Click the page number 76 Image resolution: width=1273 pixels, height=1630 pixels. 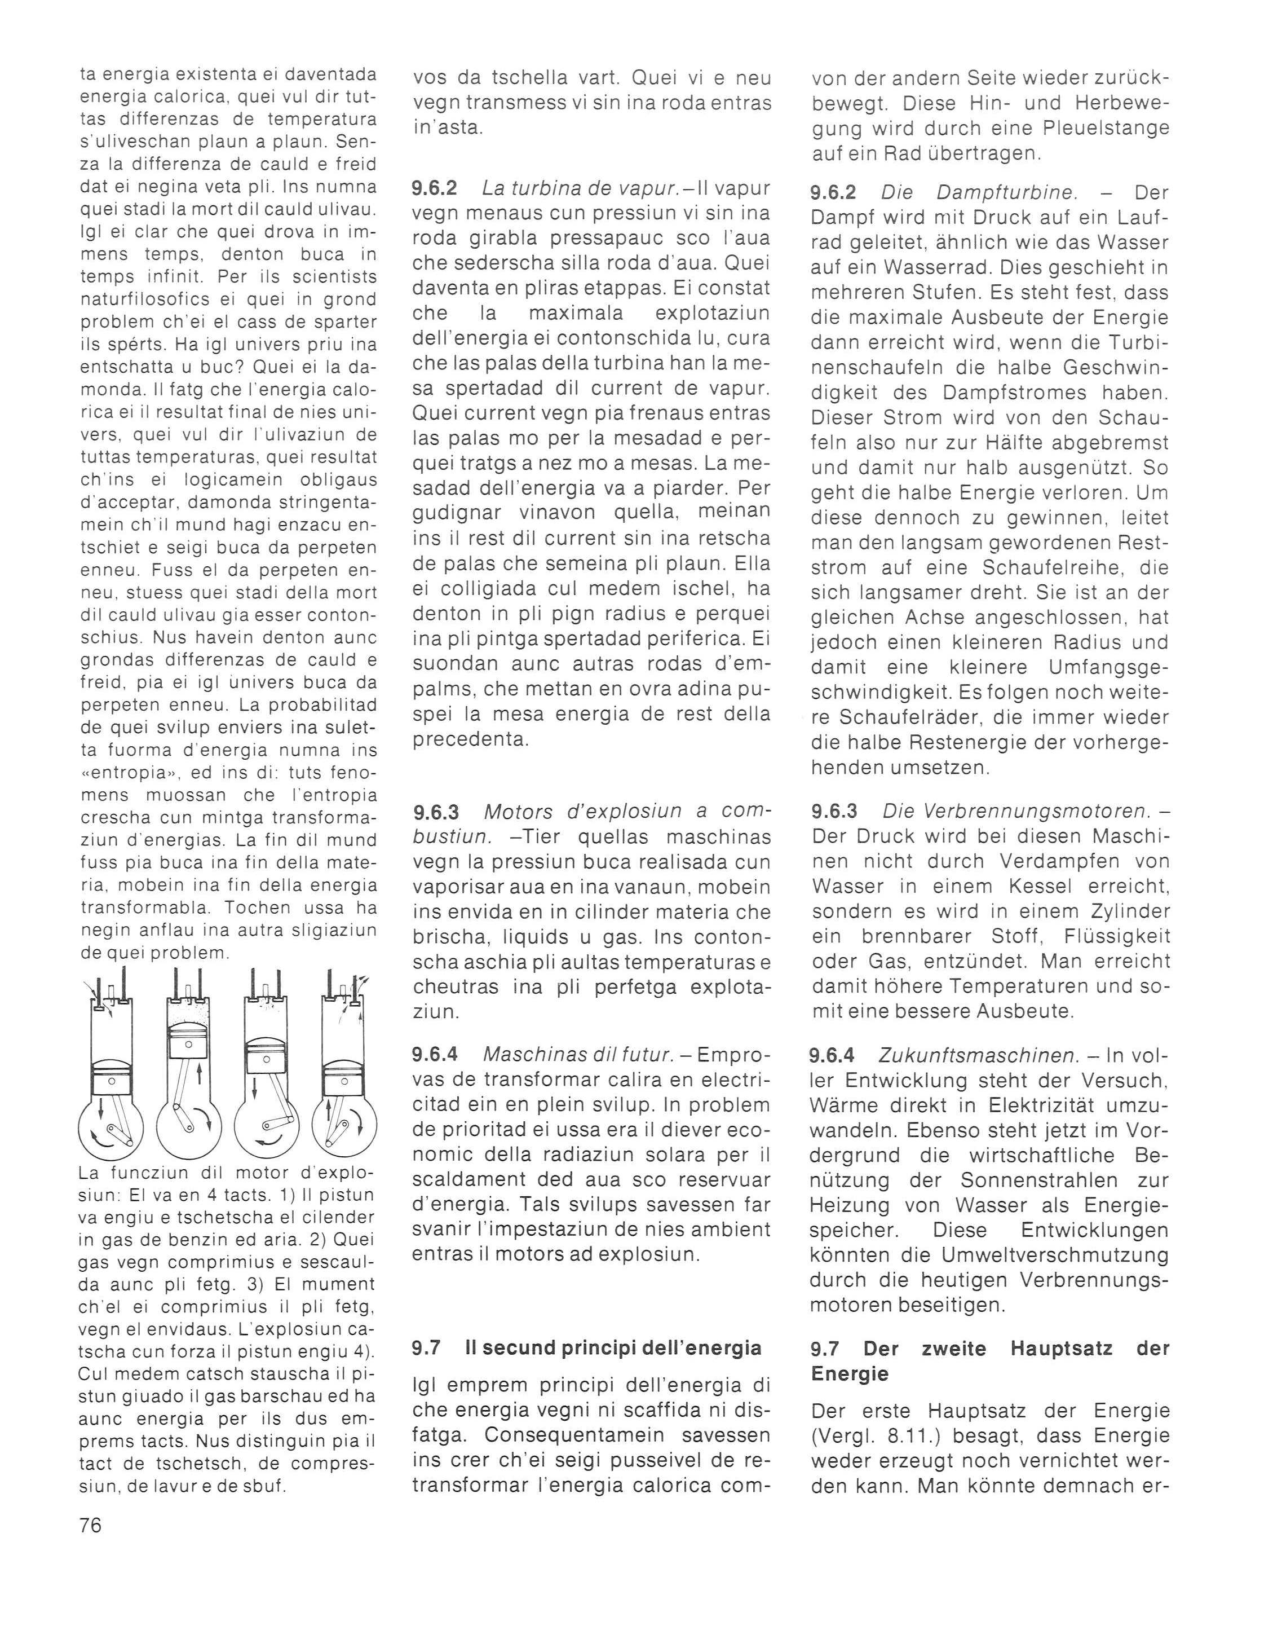90,1525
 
